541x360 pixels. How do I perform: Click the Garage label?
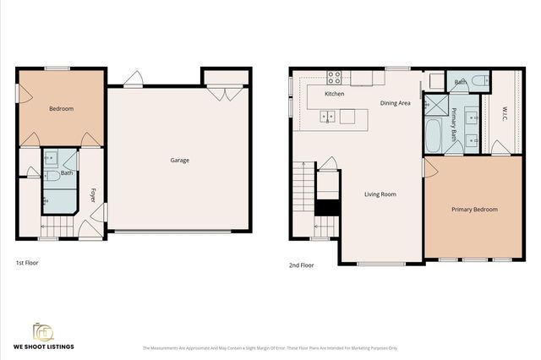coord(180,160)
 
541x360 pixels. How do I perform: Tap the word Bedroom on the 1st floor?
coord(61,108)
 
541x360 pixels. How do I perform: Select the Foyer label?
coord(93,195)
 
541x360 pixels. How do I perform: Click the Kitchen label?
coord(335,93)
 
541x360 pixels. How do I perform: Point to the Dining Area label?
coord(395,103)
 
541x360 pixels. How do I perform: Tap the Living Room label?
coord(380,194)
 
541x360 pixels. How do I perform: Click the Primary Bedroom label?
coord(474,210)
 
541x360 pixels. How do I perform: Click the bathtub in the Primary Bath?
coord(432,136)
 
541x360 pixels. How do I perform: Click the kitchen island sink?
coord(328,117)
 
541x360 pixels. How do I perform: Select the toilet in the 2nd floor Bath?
coord(478,81)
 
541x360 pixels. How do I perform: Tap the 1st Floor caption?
coord(27,263)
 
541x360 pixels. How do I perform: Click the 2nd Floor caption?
coord(302,265)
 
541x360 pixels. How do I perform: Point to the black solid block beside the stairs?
coord(326,205)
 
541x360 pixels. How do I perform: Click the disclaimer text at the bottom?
coord(270,347)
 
